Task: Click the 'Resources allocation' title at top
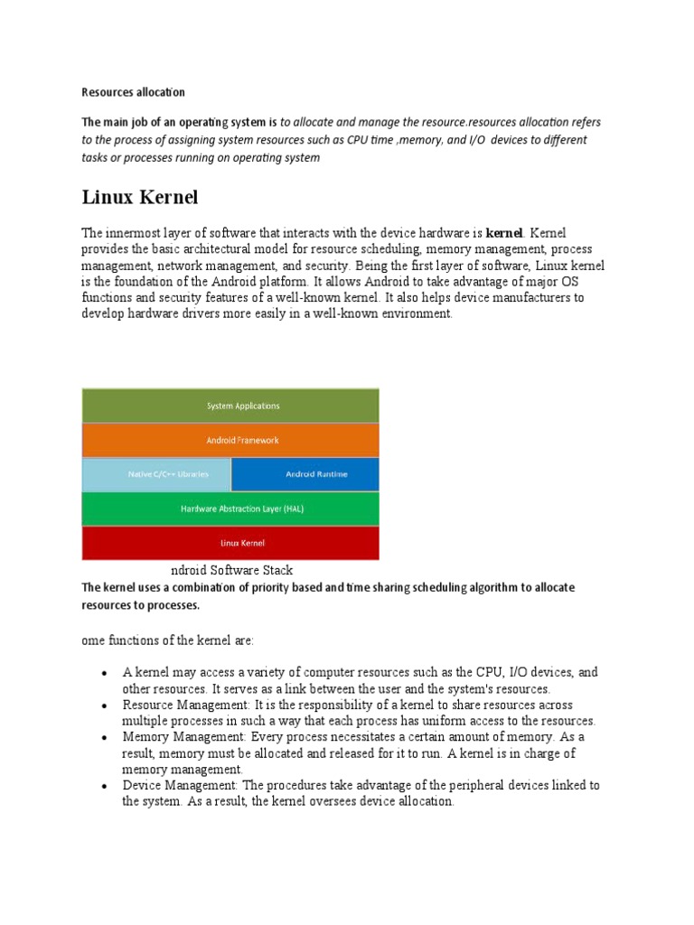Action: pyautogui.click(x=133, y=92)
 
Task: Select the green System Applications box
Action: pyautogui.click(x=230, y=406)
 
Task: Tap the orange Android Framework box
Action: pyautogui.click(x=230, y=440)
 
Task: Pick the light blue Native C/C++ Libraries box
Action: pyautogui.click(x=156, y=474)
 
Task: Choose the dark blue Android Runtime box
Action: pyautogui.click(x=305, y=474)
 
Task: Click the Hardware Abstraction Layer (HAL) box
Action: pyautogui.click(x=230, y=509)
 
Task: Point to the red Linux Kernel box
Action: pyautogui.click(x=230, y=543)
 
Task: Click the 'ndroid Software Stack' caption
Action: pyautogui.click(x=231, y=571)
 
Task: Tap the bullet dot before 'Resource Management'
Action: pyautogui.click(x=106, y=705)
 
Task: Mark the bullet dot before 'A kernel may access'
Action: pyautogui.click(x=106, y=674)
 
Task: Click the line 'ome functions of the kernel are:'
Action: pyautogui.click(x=168, y=640)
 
